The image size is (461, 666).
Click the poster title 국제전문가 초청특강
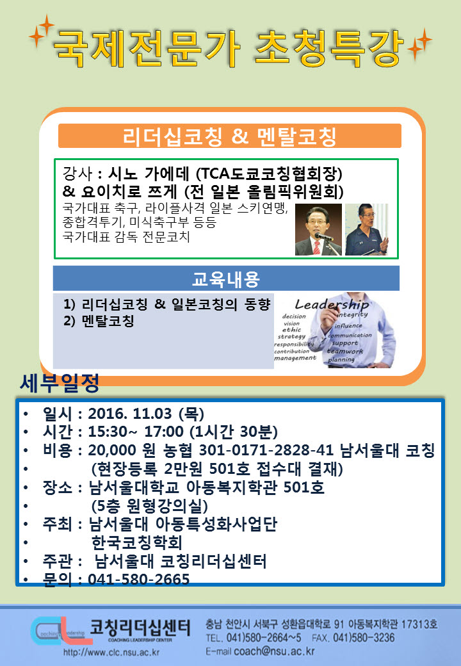[229, 47]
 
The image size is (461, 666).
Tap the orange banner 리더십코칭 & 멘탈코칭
[230, 136]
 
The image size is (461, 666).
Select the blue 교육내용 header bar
[226, 279]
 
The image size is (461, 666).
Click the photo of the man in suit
[318, 229]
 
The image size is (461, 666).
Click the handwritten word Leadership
[332, 304]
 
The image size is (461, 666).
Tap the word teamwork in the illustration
[344, 352]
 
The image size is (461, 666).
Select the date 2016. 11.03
[130, 413]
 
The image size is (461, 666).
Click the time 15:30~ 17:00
[136, 432]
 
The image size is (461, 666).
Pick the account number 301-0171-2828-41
[267, 450]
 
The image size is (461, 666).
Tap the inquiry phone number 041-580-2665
[139, 579]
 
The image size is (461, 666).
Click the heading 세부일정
[60, 383]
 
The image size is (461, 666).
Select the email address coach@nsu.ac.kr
[274, 651]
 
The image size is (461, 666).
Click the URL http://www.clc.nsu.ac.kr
[111, 652]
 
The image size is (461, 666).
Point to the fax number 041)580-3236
[364, 638]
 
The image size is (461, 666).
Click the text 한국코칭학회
[137, 542]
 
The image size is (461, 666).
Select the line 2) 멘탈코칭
[99, 320]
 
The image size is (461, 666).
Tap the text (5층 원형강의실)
[150, 505]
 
